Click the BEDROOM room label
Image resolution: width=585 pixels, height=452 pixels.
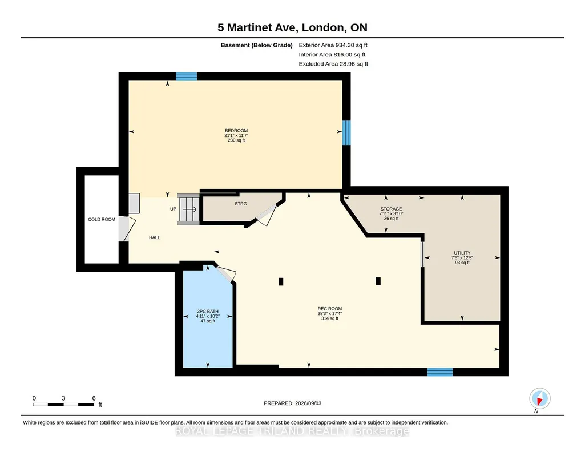click(236, 131)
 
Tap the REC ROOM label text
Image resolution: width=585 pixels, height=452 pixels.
click(330, 309)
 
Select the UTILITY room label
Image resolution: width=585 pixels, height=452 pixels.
click(462, 253)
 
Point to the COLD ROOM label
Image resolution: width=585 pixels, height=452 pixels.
click(102, 219)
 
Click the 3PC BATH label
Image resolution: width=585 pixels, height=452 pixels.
click(208, 312)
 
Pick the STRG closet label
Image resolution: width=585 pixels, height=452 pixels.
click(241, 204)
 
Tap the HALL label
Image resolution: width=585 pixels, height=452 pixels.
click(155, 237)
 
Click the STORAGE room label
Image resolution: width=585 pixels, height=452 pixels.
click(391, 209)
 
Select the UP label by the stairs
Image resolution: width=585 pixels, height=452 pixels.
click(173, 209)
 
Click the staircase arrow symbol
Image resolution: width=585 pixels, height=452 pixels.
click(189, 209)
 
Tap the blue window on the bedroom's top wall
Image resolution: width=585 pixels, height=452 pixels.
click(186, 76)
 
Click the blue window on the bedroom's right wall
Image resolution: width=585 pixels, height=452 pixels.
click(346, 132)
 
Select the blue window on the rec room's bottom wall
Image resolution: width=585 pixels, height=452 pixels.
click(440, 372)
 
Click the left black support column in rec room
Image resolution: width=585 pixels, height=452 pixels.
click(281, 281)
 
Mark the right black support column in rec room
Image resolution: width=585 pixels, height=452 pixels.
click(378, 281)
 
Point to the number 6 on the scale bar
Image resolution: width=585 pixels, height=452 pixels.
click(94, 398)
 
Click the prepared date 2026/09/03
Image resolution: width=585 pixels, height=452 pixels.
click(308, 403)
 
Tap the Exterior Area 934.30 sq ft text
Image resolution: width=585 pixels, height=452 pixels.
click(333, 45)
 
